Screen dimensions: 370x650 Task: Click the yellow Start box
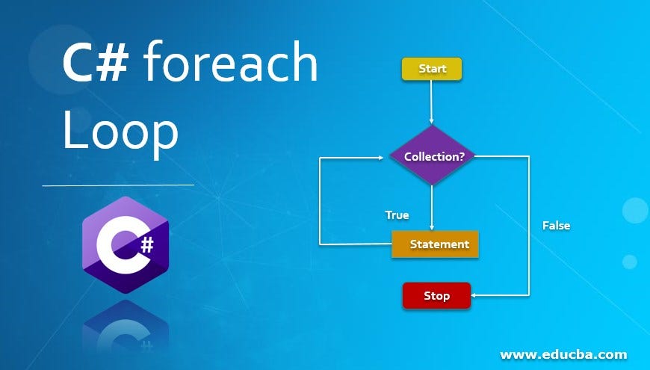pyautogui.click(x=432, y=69)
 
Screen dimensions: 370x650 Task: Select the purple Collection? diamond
pyautogui.click(x=432, y=156)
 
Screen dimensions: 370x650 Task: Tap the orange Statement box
pyautogui.click(x=435, y=244)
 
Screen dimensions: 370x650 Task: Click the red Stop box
pyautogui.click(x=436, y=295)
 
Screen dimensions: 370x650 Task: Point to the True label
pyautogui.click(x=397, y=215)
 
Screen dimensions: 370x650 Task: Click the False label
pyautogui.click(x=556, y=225)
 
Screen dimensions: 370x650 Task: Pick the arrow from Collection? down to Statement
pyautogui.click(x=432, y=207)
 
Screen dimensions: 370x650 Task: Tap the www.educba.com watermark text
pyautogui.click(x=563, y=354)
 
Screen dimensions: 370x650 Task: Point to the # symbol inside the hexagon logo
pyautogui.click(x=146, y=243)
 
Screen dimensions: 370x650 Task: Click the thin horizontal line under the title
pyautogui.click(x=118, y=185)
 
